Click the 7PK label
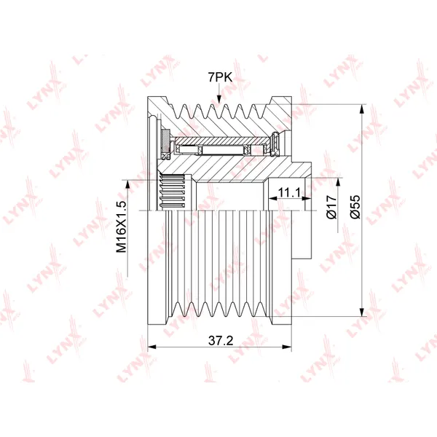coord(220,77)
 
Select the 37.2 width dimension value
coord(221,340)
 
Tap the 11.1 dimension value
coord(289,192)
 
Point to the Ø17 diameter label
coord(331,207)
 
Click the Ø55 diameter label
coord(355,207)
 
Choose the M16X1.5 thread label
coord(121,227)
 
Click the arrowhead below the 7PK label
coord(219,100)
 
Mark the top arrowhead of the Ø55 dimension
coord(362,109)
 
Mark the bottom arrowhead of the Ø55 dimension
coord(362,312)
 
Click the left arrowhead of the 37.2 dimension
coord(152,347)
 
